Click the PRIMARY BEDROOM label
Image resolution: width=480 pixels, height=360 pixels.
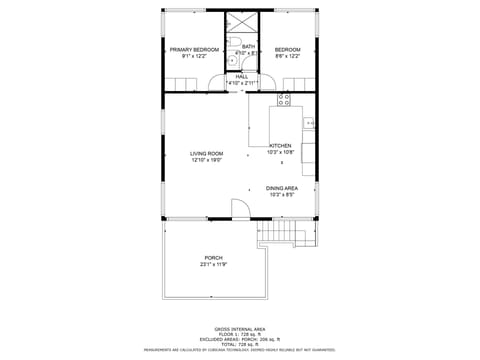click(193, 50)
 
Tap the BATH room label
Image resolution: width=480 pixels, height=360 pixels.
click(248, 46)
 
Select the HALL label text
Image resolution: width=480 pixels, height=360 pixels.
click(242, 76)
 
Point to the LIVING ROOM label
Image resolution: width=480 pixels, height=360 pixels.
click(206, 153)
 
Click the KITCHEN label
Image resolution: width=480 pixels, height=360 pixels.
click(279, 146)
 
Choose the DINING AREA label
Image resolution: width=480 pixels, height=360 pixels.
click(281, 188)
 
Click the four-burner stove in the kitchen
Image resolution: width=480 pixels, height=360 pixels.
click(283, 99)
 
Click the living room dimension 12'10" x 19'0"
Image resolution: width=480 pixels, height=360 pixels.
click(206, 160)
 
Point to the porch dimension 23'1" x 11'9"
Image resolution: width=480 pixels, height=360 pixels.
click(213, 265)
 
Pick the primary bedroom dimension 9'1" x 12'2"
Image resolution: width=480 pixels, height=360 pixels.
click(193, 57)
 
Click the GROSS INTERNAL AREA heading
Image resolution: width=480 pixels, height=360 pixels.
click(239, 328)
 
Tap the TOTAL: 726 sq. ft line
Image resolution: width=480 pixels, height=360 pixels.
click(239, 343)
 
